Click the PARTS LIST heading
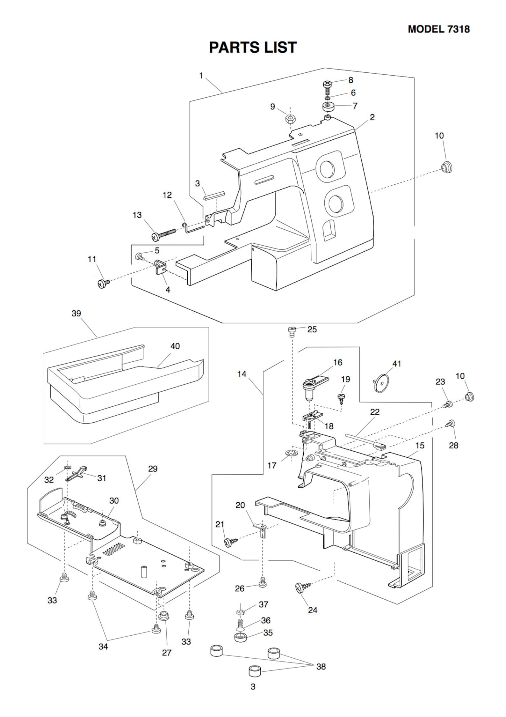click(253, 47)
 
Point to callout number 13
click(137, 215)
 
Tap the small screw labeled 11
click(103, 283)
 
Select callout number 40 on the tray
click(175, 346)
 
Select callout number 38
click(321, 666)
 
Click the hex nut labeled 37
click(241, 611)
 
